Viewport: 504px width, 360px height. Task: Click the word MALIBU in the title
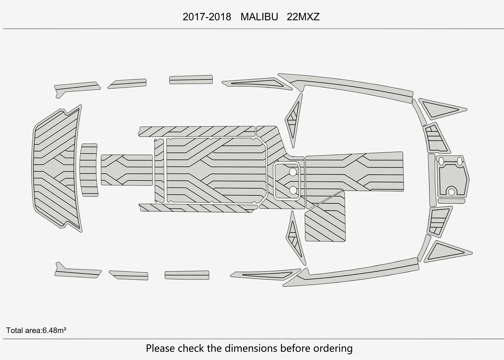tap(259, 17)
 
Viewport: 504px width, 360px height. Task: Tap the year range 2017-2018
tap(207, 17)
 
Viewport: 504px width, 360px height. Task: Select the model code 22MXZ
tap(303, 17)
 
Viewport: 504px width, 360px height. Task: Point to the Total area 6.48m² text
tap(36, 330)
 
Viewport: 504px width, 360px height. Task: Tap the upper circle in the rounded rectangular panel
tap(293, 172)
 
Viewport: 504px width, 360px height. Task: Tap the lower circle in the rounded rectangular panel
tap(293, 189)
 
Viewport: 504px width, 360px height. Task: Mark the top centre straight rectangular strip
tap(191, 79)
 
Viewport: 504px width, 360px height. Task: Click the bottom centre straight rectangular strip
tap(187, 275)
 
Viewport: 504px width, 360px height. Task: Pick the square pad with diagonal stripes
tap(325, 220)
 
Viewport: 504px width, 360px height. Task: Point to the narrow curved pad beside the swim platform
tap(89, 170)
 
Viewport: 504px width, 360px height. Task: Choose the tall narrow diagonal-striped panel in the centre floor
tap(159, 170)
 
